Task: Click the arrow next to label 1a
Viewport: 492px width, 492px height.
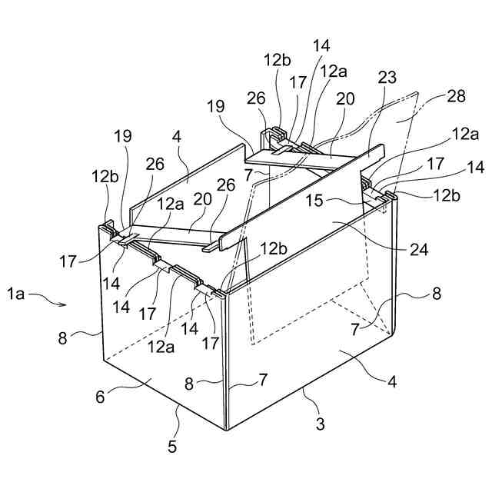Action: point(54,302)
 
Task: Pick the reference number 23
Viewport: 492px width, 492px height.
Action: point(388,77)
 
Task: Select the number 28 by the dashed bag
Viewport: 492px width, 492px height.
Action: point(457,98)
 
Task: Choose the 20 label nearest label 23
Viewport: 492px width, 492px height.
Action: point(345,99)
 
